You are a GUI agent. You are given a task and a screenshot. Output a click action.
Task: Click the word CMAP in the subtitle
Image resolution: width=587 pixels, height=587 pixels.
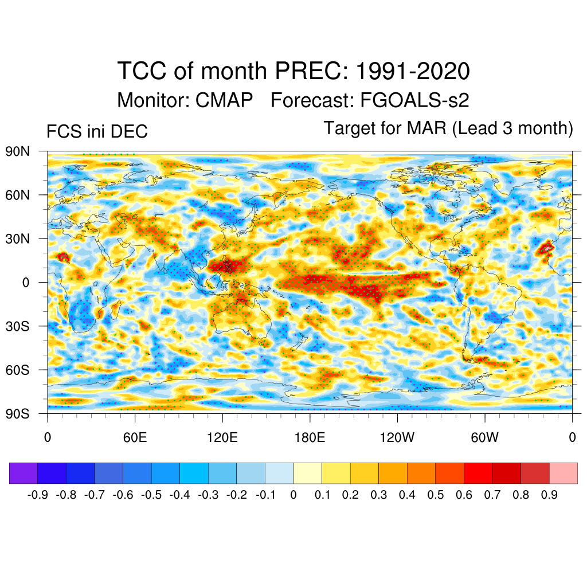pyautogui.click(x=224, y=100)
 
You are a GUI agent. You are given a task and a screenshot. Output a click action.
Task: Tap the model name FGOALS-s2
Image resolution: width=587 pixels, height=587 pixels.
pyautogui.click(x=415, y=100)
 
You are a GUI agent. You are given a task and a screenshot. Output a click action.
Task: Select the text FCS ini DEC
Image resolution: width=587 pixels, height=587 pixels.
pyautogui.click(x=97, y=131)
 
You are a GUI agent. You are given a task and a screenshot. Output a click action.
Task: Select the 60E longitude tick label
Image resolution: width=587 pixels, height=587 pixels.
pyautogui.click(x=135, y=437)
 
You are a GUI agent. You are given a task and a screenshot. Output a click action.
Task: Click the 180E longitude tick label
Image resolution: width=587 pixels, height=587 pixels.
pyautogui.click(x=310, y=437)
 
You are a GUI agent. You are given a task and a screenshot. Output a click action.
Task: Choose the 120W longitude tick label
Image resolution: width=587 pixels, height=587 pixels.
pyautogui.click(x=397, y=437)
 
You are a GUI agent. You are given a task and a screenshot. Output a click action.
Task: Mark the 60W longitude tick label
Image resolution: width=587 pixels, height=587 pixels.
pyautogui.click(x=485, y=437)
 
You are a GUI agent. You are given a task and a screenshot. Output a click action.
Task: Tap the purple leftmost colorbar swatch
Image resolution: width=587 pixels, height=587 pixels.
pyautogui.click(x=24, y=473)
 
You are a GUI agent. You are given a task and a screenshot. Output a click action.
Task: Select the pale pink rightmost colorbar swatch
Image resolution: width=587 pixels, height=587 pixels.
pyautogui.click(x=563, y=473)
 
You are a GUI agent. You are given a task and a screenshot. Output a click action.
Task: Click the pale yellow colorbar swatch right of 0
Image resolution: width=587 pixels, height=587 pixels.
pyautogui.click(x=307, y=473)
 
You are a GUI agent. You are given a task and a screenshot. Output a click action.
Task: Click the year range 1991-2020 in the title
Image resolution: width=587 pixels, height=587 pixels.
pyautogui.click(x=413, y=72)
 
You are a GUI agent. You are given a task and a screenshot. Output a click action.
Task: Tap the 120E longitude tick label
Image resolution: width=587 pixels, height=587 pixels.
pyautogui.click(x=222, y=437)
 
